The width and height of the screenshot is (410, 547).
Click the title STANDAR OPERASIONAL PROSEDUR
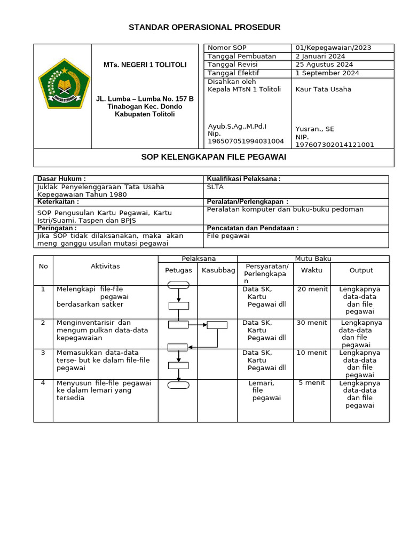click(x=204, y=27)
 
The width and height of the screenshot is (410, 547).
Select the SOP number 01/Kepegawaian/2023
click(x=333, y=48)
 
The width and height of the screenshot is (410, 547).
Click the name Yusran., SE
click(x=314, y=129)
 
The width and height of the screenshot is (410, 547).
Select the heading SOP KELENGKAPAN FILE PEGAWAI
click(x=214, y=157)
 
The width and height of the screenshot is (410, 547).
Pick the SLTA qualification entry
click(x=215, y=187)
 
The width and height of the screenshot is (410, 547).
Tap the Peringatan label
click(x=57, y=228)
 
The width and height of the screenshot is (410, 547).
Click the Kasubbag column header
click(x=218, y=270)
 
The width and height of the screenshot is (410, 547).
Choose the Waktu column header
click(x=312, y=270)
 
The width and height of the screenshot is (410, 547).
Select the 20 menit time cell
click(x=312, y=290)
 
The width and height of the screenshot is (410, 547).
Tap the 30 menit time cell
click(x=312, y=323)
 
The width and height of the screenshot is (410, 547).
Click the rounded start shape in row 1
click(x=178, y=285)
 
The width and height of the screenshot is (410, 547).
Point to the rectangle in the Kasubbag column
click(x=217, y=325)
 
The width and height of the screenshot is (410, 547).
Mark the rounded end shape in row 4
click(x=178, y=385)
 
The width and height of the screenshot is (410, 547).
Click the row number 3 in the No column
click(x=43, y=353)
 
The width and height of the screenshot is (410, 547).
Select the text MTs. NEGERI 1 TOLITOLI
click(x=145, y=65)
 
